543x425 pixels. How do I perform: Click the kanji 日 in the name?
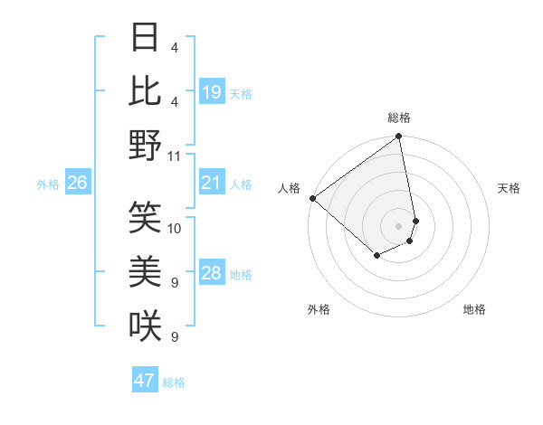click(x=146, y=38)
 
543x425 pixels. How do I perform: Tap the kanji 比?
click(x=146, y=91)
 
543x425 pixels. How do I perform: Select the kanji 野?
click(x=146, y=145)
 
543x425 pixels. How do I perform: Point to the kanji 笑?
click(x=146, y=217)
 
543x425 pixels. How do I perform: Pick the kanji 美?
click(x=146, y=271)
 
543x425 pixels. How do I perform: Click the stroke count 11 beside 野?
click(x=175, y=156)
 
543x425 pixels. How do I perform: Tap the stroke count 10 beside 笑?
click(x=175, y=228)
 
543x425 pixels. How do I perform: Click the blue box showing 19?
click(x=212, y=93)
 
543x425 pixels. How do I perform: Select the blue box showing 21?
click(x=212, y=184)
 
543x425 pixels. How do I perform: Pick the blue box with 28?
click(x=212, y=274)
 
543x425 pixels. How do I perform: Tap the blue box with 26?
click(x=77, y=184)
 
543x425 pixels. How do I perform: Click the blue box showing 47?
click(x=145, y=381)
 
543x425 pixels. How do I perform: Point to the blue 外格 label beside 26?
click(x=48, y=184)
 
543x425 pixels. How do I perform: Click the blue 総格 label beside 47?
click(x=174, y=382)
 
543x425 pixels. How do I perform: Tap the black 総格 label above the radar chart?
click(x=399, y=118)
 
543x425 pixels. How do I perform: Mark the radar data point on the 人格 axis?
click(x=312, y=198)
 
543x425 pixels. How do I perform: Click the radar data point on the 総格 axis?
click(x=399, y=137)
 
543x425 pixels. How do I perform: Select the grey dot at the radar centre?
click(x=398, y=225)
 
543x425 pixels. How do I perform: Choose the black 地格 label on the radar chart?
click(x=474, y=309)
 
